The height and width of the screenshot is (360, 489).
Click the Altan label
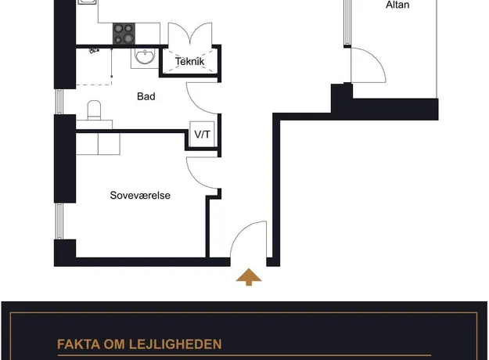click(397, 5)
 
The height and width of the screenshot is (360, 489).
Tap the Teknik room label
click(189, 62)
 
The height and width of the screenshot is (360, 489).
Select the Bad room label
click(146, 96)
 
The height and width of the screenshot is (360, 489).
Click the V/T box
click(202, 135)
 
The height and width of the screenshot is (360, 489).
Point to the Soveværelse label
click(140, 196)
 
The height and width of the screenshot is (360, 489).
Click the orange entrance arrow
click(249, 277)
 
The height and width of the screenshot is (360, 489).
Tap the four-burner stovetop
click(124, 34)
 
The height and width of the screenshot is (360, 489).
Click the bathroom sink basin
click(144, 56)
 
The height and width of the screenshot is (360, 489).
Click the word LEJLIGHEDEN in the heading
click(175, 344)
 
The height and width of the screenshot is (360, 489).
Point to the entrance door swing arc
click(240, 232)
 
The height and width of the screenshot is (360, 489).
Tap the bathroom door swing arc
click(194, 104)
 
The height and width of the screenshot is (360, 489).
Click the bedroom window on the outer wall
click(59, 221)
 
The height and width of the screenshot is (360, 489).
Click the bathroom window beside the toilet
click(59, 102)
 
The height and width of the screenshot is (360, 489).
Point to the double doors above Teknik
click(190, 34)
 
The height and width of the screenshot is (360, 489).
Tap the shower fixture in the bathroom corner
click(93, 50)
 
